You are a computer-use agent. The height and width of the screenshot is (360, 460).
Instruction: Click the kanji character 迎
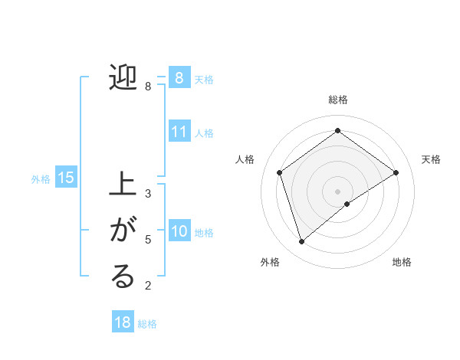123,78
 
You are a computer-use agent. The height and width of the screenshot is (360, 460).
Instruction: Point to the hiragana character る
123,277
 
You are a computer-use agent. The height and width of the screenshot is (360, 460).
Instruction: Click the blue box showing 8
179,77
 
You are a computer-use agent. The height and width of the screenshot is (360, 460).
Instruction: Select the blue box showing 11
179,132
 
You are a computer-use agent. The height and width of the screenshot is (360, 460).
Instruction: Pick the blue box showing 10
179,231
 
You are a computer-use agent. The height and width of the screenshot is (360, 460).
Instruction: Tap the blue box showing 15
66,178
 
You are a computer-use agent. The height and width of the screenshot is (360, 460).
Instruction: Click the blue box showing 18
123,322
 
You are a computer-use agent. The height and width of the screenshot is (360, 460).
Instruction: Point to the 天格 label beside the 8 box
204,79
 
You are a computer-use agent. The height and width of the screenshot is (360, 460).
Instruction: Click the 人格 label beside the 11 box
204,133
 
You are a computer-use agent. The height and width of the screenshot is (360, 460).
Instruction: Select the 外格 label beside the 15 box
41,179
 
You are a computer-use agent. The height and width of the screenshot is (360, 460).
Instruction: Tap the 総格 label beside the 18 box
147,324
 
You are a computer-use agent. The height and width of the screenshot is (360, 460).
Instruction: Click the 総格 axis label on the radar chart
337,100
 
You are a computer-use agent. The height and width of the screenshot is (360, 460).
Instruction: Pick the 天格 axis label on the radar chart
431,159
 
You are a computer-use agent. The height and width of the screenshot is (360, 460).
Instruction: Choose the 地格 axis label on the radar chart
402,262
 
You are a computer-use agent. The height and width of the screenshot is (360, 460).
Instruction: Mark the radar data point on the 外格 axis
301,242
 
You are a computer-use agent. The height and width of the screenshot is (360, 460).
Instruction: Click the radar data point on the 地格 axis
347,204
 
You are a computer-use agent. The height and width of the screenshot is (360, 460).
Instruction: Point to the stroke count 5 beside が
148,240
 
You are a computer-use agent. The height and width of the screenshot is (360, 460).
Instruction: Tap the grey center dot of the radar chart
337,191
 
